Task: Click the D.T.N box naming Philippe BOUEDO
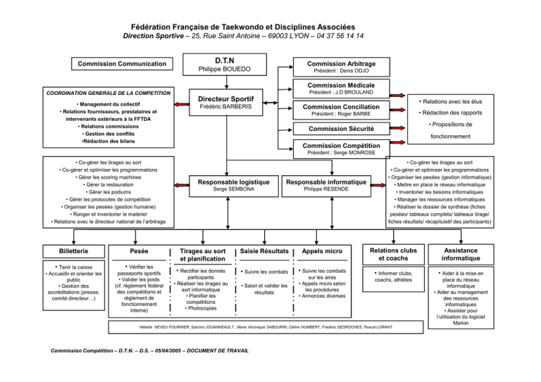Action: pyautogui.click(x=225, y=65)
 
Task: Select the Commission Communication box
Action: pyautogui.click(x=122, y=64)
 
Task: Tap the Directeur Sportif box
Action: pyautogui.click(x=225, y=102)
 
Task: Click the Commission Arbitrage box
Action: pyautogui.click(x=342, y=67)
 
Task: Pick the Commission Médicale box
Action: pyautogui.click(x=342, y=89)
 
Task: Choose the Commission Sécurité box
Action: pyautogui.click(x=342, y=129)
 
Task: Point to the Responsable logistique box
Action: pyautogui.click(x=234, y=186)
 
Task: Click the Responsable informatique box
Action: pyautogui.click(x=326, y=186)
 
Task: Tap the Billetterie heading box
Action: pyautogui.click(x=74, y=251)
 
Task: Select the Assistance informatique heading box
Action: pyautogui.click(x=461, y=255)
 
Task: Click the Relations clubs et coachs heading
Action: pyautogui.click(x=393, y=255)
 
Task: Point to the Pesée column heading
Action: pyautogui.click(x=139, y=251)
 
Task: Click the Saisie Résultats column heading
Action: pyautogui.click(x=264, y=251)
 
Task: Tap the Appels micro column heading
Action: pyautogui.click(x=322, y=251)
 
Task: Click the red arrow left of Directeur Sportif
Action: pyautogui.click(x=182, y=104)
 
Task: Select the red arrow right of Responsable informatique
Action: pyautogui.click(x=378, y=185)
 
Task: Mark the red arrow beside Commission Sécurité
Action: pyautogui.click(x=397, y=128)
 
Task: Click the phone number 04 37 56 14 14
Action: pyautogui.click(x=340, y=36)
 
